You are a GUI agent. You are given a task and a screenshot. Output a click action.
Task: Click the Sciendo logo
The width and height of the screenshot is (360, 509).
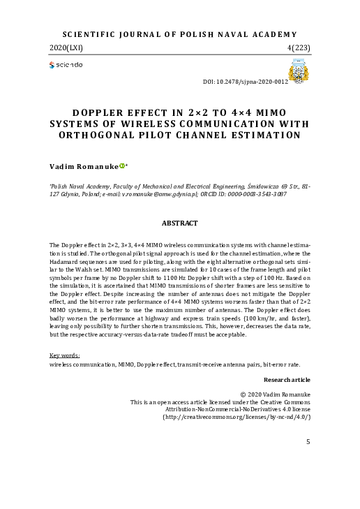point(66,65)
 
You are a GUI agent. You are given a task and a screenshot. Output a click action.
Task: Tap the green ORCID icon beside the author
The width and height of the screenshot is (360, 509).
point(122,166)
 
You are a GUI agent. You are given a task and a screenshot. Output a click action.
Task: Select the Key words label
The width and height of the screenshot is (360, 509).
point(64,356)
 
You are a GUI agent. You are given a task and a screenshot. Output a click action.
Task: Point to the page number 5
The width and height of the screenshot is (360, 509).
point(308,442)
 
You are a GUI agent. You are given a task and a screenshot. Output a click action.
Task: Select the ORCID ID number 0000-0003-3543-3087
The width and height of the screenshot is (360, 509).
point(264,194)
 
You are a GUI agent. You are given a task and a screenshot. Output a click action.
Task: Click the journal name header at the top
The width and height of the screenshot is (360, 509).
point(179,34)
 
